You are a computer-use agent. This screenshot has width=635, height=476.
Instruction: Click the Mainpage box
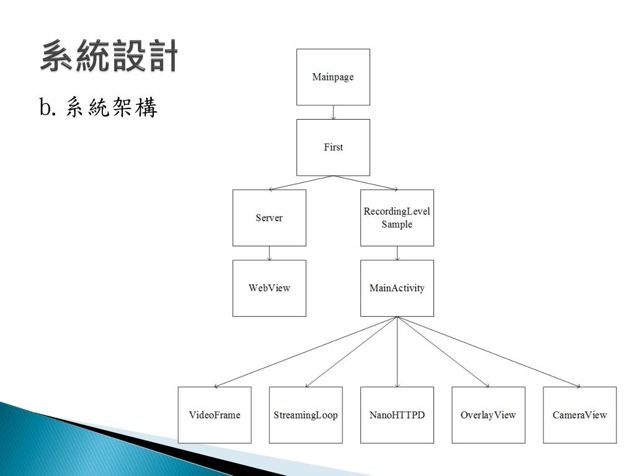333,77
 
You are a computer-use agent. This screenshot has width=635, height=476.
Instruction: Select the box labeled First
333,148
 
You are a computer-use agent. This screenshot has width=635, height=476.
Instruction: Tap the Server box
269,218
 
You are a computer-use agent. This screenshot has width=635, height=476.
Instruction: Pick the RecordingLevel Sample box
397,218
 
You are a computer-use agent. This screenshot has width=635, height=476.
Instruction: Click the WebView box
269,288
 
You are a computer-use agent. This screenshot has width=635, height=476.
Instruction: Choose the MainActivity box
397,288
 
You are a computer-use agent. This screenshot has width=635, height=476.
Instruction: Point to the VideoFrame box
215,415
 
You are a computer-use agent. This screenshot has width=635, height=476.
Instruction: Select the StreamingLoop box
306,415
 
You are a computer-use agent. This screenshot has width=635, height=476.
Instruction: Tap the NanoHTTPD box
397,415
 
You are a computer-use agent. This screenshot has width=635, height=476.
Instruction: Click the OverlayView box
488,415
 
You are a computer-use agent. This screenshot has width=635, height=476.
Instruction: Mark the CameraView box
580,415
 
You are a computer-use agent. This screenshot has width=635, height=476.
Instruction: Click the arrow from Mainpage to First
334,112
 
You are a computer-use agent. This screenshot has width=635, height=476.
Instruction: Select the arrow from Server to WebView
269,253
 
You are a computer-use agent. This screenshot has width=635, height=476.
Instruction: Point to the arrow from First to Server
301,183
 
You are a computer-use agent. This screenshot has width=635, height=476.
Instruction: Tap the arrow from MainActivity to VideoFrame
306,351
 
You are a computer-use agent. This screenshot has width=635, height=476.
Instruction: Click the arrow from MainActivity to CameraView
489,351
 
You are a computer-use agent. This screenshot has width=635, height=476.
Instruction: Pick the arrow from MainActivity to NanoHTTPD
397,351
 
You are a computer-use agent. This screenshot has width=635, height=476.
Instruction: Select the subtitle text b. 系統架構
99,108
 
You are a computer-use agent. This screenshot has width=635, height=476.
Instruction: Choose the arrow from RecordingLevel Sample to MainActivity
397,253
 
